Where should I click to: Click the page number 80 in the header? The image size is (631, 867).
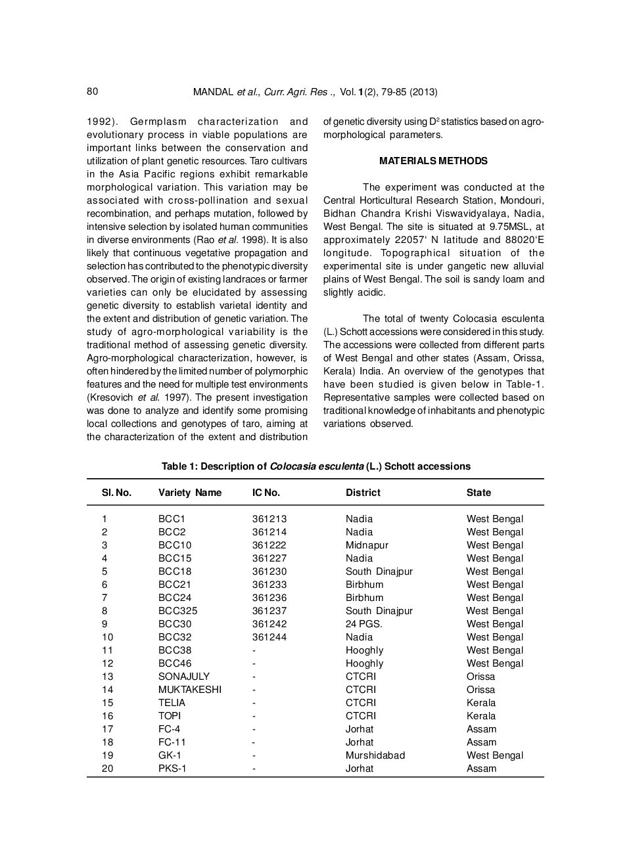[92, 91]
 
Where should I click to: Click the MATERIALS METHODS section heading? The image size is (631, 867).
[433, 161]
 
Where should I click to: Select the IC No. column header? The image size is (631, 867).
[266, 493]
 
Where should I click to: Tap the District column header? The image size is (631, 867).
[363, 493]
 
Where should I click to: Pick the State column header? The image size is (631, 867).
[479, 493]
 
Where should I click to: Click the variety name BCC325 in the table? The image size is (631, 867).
[177, 611]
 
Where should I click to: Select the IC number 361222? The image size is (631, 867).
[269, 545]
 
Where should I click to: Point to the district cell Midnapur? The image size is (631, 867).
[367, 545]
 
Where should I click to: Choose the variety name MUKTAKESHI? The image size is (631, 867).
[190, 690]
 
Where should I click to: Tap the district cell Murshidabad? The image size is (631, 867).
[375, 755]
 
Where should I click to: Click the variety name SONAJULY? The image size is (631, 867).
[184, 677]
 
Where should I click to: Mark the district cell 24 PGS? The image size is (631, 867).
[363, 624]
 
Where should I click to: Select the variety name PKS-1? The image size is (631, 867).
[172, 768]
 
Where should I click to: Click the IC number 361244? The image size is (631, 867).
[269, 637]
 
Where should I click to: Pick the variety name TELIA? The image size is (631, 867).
[172, 703]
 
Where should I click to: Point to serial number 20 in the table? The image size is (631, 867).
[107, 768]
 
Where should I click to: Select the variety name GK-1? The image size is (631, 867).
[170, 755]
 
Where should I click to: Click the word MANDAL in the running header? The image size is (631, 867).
[213, 92]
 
